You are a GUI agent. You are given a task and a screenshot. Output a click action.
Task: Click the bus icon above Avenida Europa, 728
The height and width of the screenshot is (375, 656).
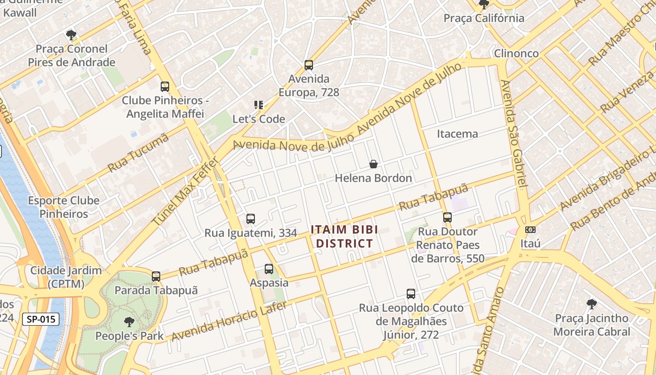(x=308, y=65)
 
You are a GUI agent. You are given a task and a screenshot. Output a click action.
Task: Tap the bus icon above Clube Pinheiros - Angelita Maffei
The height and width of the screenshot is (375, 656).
(x=164, y=87)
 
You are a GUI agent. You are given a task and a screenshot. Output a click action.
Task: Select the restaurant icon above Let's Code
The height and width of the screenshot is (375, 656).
(x=258, y=105)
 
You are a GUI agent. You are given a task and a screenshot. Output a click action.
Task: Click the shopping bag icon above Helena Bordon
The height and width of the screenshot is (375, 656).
(x=373, y=164)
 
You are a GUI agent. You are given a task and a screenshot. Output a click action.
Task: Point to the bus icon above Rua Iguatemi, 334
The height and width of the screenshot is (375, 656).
(x=251, y=219)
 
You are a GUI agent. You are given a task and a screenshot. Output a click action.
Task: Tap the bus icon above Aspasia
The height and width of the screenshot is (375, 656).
(x=269, y=269)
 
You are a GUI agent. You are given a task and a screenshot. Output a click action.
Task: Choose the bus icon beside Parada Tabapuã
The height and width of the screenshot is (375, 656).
(x=156, y=277)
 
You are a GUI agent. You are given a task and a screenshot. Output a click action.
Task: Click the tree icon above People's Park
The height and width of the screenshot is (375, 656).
(x=129, y=322)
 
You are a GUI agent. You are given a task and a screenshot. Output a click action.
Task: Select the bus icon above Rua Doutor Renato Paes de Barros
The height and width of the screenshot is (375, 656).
(x=447, y=217)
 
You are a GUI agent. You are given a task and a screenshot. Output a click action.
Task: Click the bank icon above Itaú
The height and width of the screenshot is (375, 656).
(x=530, y=230)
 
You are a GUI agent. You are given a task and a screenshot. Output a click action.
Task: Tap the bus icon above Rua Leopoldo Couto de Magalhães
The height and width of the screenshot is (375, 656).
(x=411, y=294)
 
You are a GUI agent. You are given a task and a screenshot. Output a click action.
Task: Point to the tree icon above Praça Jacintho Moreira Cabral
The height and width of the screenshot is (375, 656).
(x=591, y=304)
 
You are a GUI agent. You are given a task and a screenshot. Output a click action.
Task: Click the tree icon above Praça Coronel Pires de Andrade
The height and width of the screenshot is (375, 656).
(x=71, y=35)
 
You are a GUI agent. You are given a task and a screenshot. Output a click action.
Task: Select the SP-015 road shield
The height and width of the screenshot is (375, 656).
(x=41, y=320)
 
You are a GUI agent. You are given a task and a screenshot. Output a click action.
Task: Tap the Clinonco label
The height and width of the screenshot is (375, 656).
(x=516, y=53)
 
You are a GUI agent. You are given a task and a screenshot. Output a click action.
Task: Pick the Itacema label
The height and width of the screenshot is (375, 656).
(x=457, y=134)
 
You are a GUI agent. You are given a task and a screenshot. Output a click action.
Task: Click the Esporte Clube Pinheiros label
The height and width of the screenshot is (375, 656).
(x=64, y=207)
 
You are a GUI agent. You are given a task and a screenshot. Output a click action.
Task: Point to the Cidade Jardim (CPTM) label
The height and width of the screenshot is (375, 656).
(x=66, y=277)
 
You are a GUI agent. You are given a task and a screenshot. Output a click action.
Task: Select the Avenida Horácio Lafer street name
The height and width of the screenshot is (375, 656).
(x=229, y=322)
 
